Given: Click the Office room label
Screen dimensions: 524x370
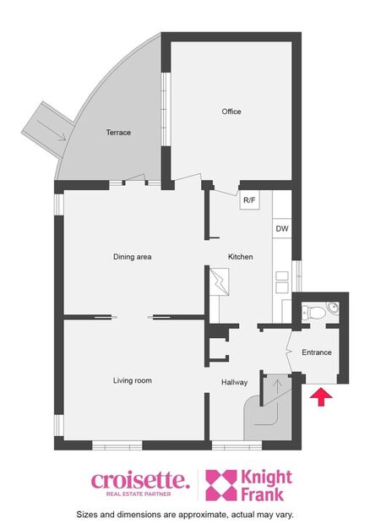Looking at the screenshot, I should coord(231,112).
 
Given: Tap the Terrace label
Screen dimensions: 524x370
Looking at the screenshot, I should coord(118,133).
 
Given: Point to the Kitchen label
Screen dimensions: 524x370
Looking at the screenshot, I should coord(241,257).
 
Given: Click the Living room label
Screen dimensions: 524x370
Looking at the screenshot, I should coord(133,381).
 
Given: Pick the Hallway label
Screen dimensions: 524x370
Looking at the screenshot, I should coord(234,383).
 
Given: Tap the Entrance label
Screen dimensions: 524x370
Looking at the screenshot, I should coord(317,352).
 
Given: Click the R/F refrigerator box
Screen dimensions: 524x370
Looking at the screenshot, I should coord(249,200).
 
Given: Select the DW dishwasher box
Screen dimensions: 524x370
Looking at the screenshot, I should coord(281,229).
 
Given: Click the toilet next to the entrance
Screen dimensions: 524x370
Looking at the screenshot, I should coord(318,313).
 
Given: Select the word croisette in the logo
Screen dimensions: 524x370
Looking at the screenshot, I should coord(139,480).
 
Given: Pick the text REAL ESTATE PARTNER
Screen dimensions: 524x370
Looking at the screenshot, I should coord(139,494).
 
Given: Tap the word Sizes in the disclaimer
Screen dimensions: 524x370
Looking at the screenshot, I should coord(86,514).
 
